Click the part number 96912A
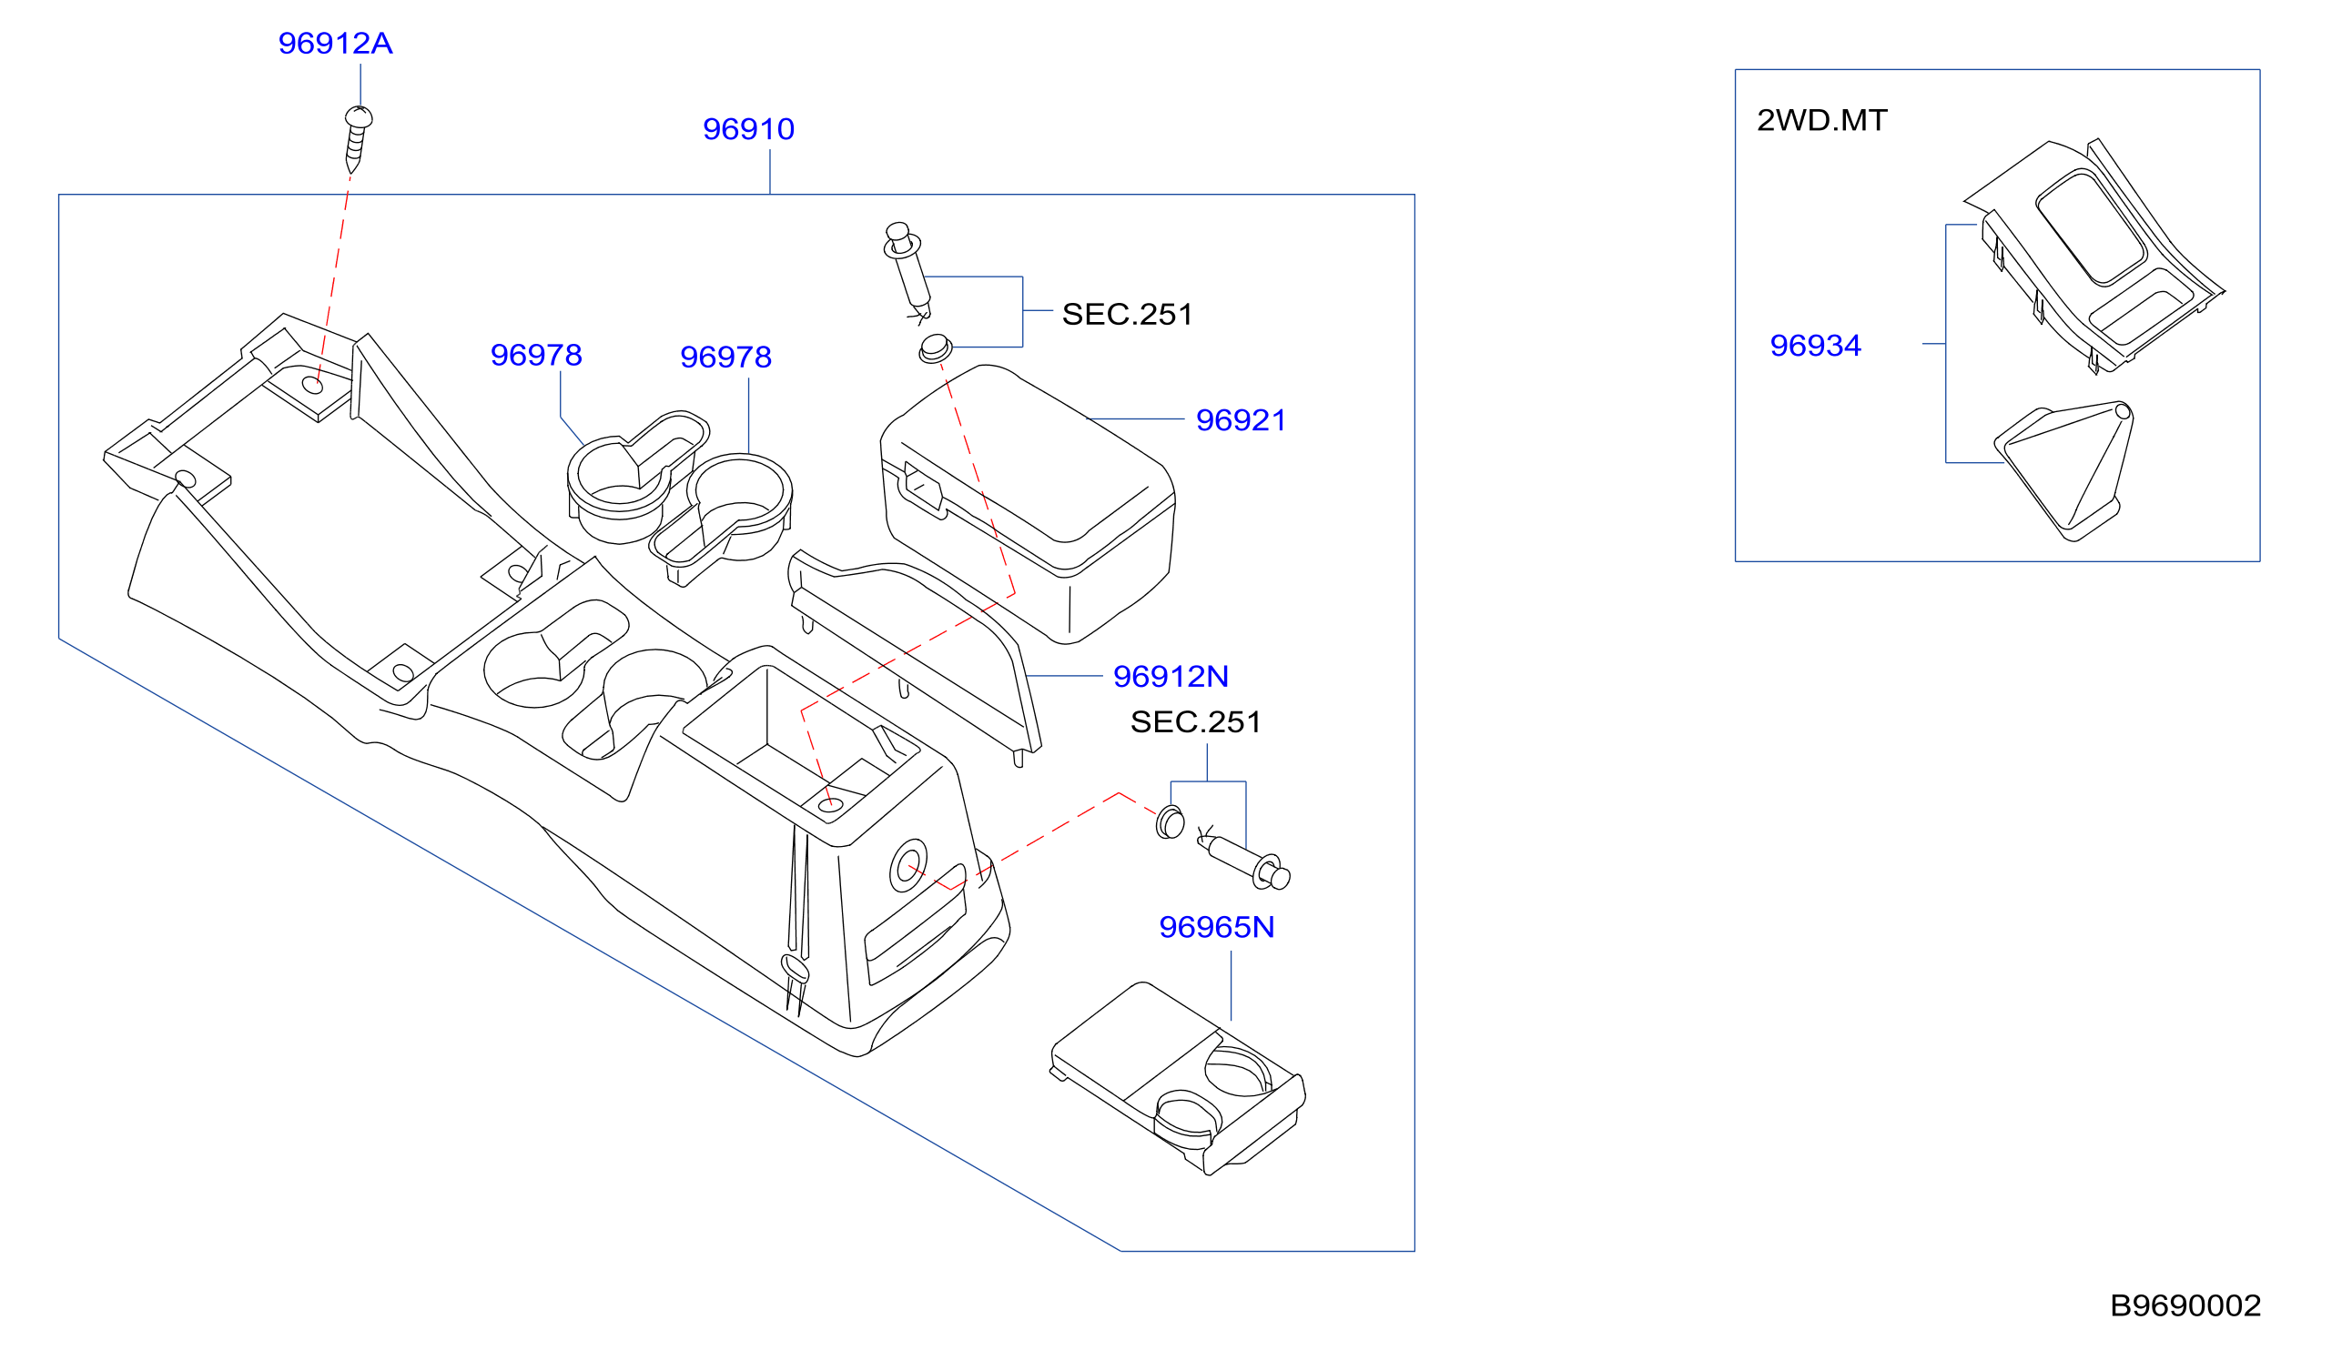335,44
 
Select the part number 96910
748,129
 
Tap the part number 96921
1240,420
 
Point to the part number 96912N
1171,676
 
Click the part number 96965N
1217,926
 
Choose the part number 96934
1815,345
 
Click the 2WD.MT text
1821,119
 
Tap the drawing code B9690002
2185,1305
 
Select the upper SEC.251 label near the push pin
1127,315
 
